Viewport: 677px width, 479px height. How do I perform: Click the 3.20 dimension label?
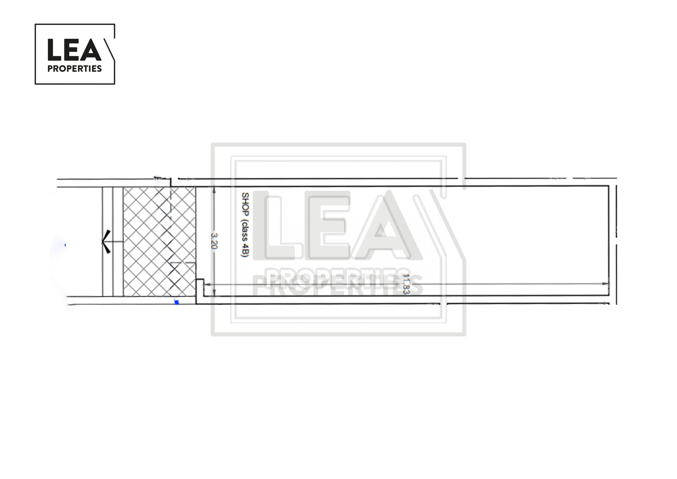coord(214,241)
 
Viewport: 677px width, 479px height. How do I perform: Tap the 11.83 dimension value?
coord(406,284)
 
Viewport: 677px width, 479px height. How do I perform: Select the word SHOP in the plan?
coord(245,204)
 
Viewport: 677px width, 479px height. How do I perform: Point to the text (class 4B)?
coord(245,238)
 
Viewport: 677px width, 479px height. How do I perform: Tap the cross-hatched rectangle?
coord(159,241)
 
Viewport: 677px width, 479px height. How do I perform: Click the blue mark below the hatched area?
coord(177,302)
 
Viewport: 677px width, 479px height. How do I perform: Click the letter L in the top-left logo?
coord(54,49)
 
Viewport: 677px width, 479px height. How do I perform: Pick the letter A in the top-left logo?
coord(90,49)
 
